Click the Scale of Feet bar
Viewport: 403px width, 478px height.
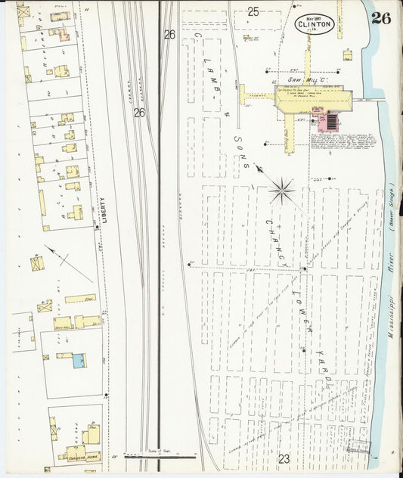coord(160,455)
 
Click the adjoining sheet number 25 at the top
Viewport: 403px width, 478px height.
coord(253,11)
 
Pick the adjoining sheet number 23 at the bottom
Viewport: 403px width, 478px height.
coord(284,458)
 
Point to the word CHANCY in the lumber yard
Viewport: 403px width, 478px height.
coord(274,241)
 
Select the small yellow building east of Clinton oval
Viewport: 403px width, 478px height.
coord(346,54)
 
